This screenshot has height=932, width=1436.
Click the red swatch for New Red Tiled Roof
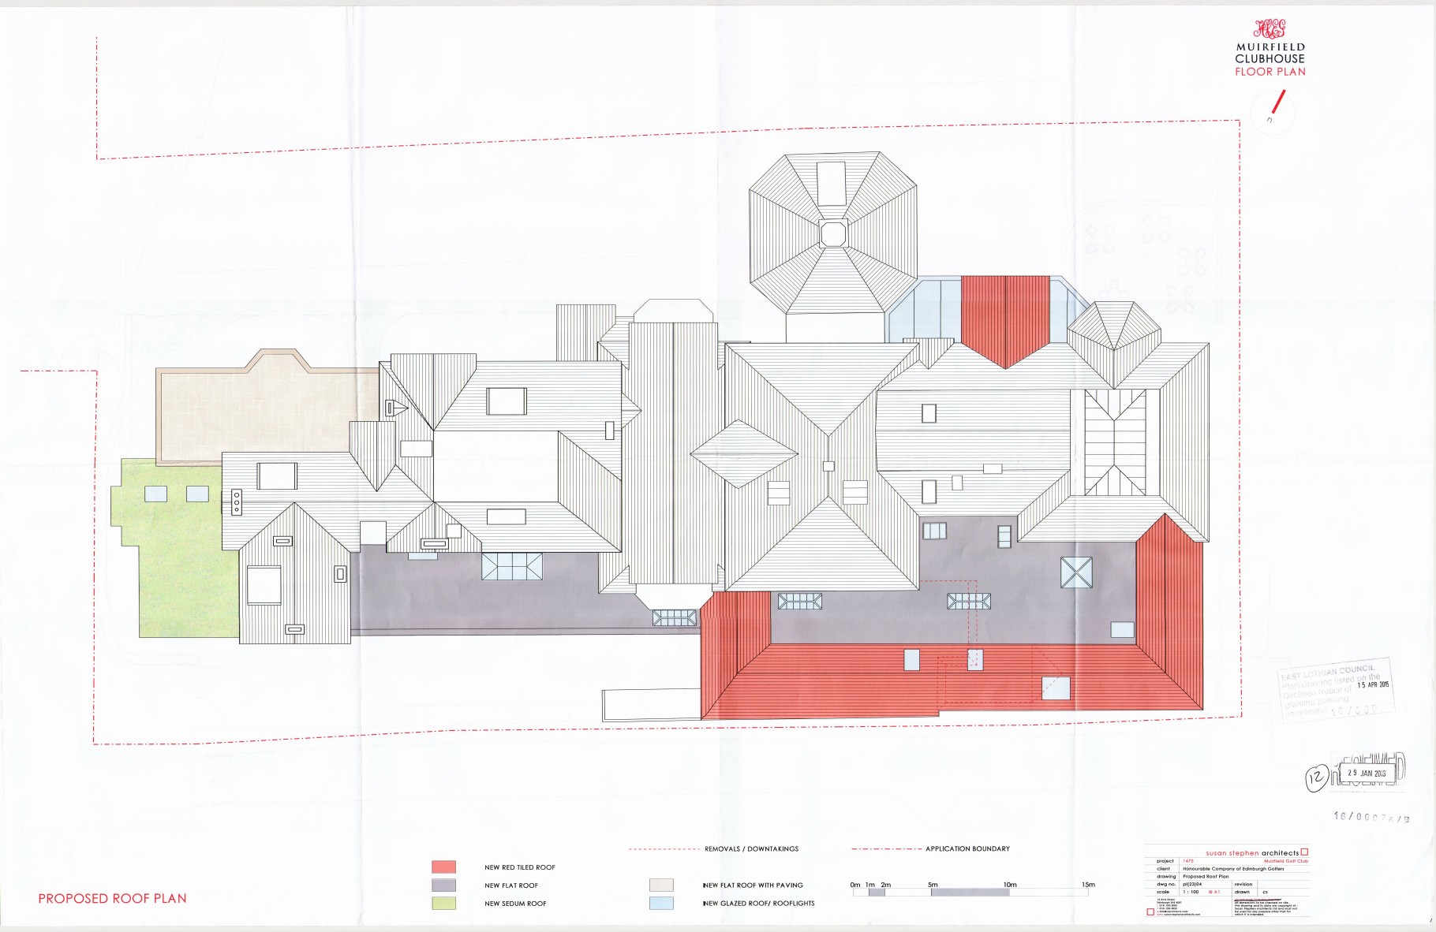tap(443, 867)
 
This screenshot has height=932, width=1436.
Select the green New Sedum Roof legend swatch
tap(443, 903)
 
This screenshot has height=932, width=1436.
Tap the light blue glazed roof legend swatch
tap(661, 903)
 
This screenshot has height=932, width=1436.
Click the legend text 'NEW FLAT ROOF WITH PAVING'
tap(753, 885)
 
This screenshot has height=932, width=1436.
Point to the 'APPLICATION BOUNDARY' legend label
tap(967, 848)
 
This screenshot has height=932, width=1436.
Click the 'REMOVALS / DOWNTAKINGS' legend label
tap(751, 849)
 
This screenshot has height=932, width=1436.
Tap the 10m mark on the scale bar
tap(1010, 885)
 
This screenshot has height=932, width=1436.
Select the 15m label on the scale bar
tap(1088, 885)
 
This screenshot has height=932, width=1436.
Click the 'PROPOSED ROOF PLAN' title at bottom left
tap(112, 898)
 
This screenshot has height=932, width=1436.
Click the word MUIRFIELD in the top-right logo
tap(1270, 47)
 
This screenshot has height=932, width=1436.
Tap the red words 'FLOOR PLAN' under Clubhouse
tap(1270, 72)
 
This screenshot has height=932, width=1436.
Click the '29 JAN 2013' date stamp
tap(1367, 774)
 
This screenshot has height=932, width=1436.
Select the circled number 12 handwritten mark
tap(1315, 778)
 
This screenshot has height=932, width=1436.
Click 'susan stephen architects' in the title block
tap(1252, 853)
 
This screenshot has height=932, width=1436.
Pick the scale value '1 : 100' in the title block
tap(1191, 892)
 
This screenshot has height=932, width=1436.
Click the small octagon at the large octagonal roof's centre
tap(832, 233)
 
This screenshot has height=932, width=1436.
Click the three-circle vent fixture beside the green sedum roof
tap(236, 501)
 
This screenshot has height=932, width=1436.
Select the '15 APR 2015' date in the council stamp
tap(1373, 684)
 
